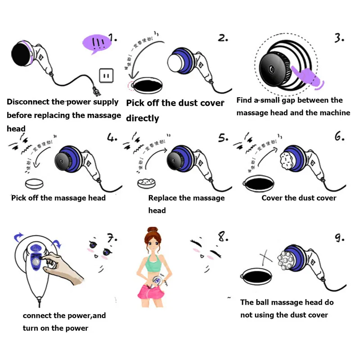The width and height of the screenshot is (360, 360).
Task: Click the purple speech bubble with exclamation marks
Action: [96, 44]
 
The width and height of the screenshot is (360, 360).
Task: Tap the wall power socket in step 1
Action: [107, 76]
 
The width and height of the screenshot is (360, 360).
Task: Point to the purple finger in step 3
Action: [307, 75]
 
